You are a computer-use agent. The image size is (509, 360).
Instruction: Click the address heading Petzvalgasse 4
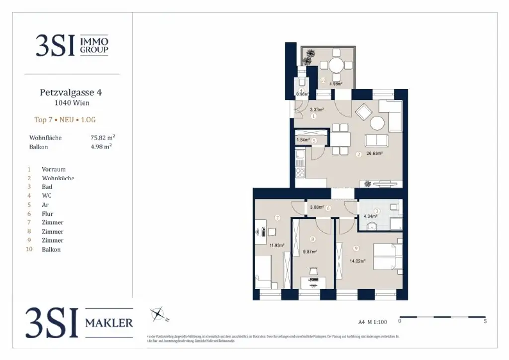(72, 92)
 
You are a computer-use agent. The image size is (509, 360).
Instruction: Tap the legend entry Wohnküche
(58, 178)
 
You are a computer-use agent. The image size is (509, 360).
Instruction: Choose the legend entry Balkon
(51, 249)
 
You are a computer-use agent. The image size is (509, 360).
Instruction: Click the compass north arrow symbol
(159, 314)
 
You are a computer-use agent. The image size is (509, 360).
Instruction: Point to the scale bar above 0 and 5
(442, 316)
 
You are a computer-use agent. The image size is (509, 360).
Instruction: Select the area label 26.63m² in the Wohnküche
(374, 154)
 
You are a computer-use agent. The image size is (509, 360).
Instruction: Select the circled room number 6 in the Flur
(328, 208)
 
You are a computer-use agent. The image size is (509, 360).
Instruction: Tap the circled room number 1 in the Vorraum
(314, 116)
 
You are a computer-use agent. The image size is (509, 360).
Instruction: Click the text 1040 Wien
(72, 103)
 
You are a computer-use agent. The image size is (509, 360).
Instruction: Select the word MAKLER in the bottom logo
(109, 323)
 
